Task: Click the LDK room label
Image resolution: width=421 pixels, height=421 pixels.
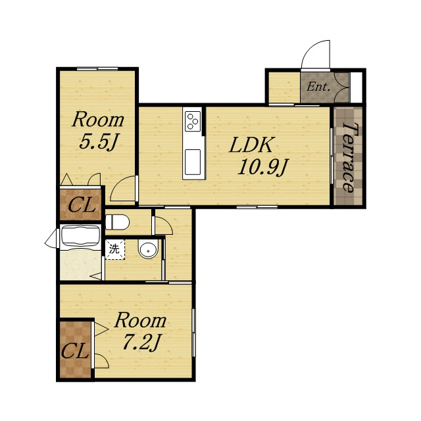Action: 251,145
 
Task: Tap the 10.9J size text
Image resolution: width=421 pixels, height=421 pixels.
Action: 263,168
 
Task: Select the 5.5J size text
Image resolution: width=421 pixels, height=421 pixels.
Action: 99,142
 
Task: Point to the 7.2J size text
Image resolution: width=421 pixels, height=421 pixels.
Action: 141,343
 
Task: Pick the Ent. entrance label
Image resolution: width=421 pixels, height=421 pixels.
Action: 318,87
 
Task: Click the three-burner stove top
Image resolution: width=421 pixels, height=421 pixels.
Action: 193,122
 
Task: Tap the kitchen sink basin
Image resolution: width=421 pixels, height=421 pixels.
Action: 193,162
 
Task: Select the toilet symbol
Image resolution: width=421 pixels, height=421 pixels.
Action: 117,222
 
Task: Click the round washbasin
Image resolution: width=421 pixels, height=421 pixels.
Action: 149,249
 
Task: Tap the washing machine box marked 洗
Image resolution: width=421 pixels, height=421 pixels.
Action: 115,249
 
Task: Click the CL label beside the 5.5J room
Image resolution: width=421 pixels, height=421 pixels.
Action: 82,205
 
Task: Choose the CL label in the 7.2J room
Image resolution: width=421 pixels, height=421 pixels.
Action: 75,351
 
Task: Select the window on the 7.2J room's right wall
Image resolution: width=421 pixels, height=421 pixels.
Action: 193,332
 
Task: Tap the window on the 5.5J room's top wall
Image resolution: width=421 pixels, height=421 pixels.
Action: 97,68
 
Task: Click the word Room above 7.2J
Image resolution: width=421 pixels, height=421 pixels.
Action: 140,320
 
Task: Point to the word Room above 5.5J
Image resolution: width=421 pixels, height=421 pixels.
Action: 98,120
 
